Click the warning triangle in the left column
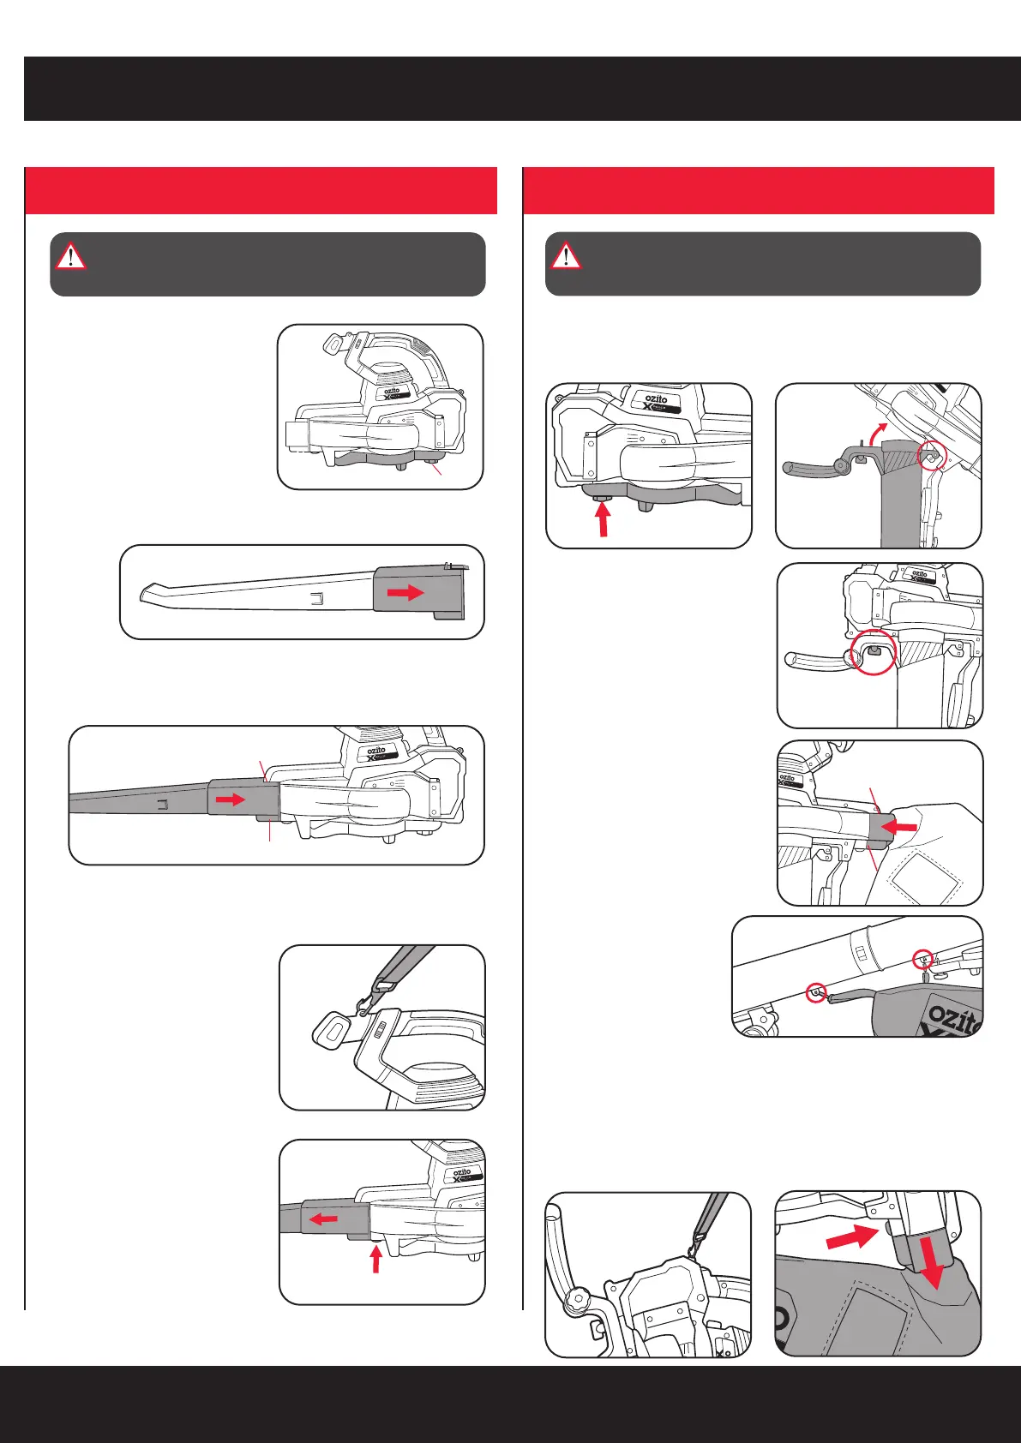coord(70,255)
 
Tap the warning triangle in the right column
coord(566,255)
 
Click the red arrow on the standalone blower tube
coord(405,592)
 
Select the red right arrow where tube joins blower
coord(231,799)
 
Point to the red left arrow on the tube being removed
coord(323,1218)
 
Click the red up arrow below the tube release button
coord(375,1257)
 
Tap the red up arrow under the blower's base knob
coord(604,519)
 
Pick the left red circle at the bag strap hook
coord(816,993)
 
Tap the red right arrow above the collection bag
coord(853,1236)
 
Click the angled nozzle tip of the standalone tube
coord(149,594)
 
